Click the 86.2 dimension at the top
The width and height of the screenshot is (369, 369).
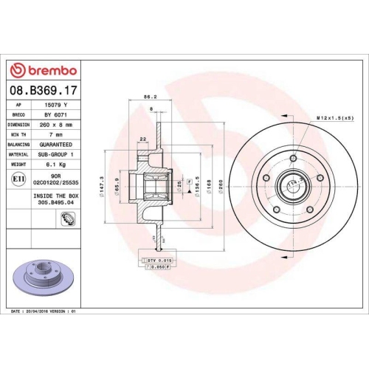click(x=150, y=96)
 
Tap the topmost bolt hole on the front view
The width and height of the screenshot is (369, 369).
click(x=293, y=159)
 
